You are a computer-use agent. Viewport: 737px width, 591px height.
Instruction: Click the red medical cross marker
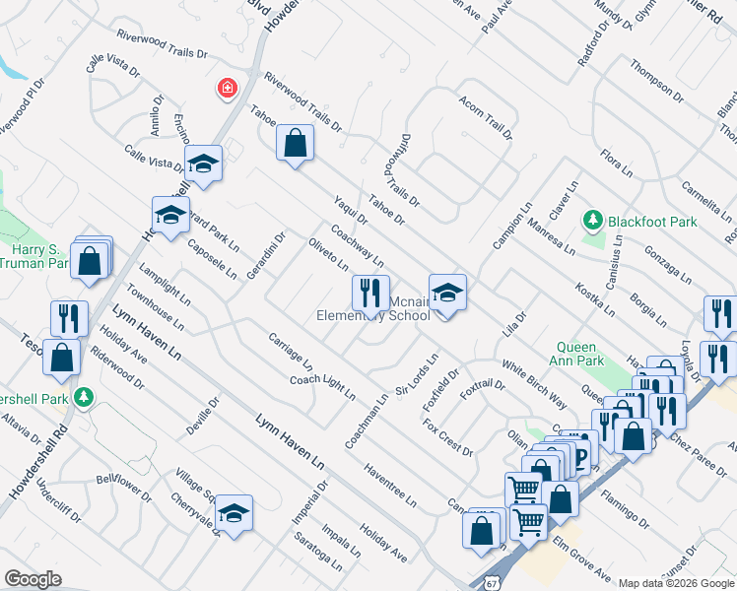point(228,90)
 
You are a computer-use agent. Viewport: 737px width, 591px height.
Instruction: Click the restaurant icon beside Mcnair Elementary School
point(370,292)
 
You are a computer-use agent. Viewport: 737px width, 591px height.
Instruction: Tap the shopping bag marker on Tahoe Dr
point(295,143)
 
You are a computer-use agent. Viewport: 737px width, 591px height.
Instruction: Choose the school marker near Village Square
point(234,512)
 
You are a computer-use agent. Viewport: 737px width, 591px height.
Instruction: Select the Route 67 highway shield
point(493,575)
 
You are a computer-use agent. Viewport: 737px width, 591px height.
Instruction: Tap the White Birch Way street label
point(534,385)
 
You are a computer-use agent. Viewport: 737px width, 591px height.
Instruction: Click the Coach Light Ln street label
point(322,387)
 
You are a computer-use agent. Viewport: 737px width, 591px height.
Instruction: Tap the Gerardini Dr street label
point(266,254)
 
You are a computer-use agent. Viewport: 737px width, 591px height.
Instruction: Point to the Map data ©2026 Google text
point(676,583)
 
